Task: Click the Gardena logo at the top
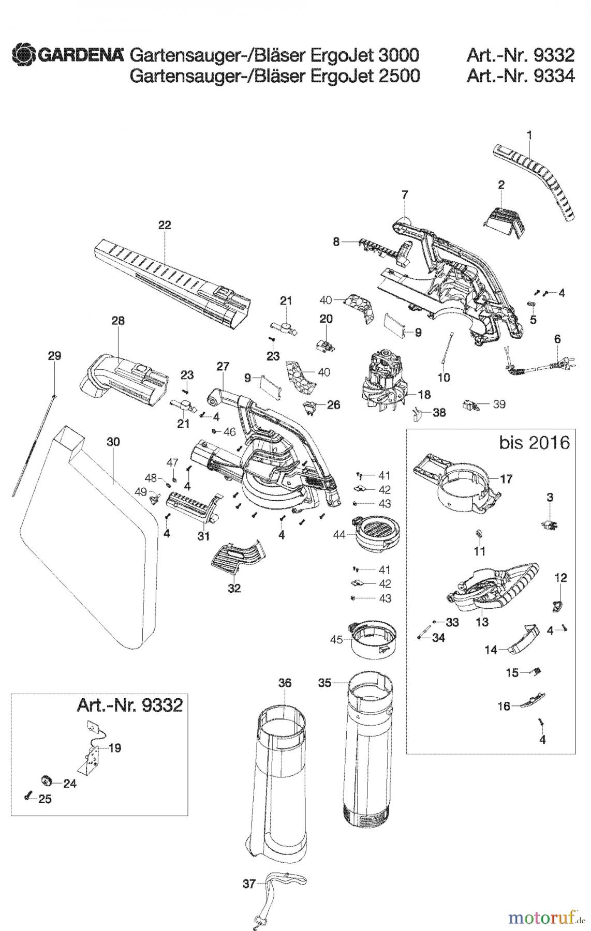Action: click(x=67, y=54)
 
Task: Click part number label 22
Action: click(x=165, y=225)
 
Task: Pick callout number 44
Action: click(x=339, y=535)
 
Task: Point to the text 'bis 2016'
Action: click(x=535, y=443)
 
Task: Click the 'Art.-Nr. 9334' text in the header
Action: click(x=520, y=76)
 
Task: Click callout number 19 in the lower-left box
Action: click(x=115, y=748)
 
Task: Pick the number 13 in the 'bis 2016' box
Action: click(x=482, y=622)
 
